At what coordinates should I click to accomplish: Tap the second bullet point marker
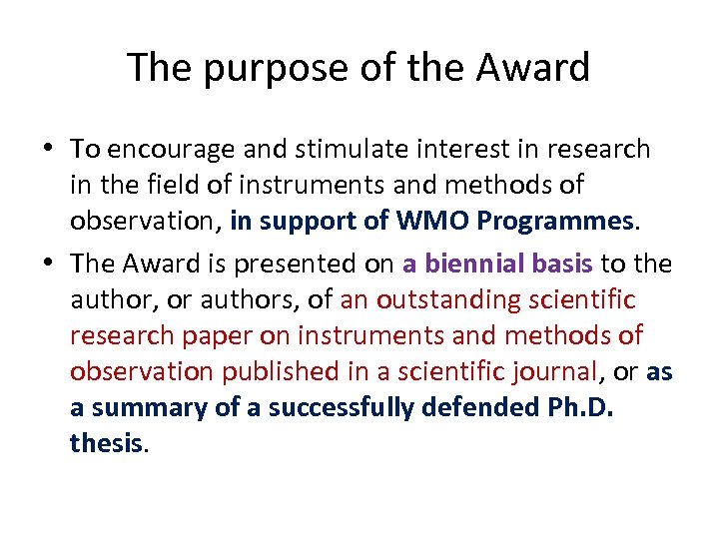point(50,265)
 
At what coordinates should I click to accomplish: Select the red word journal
point(553,372)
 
